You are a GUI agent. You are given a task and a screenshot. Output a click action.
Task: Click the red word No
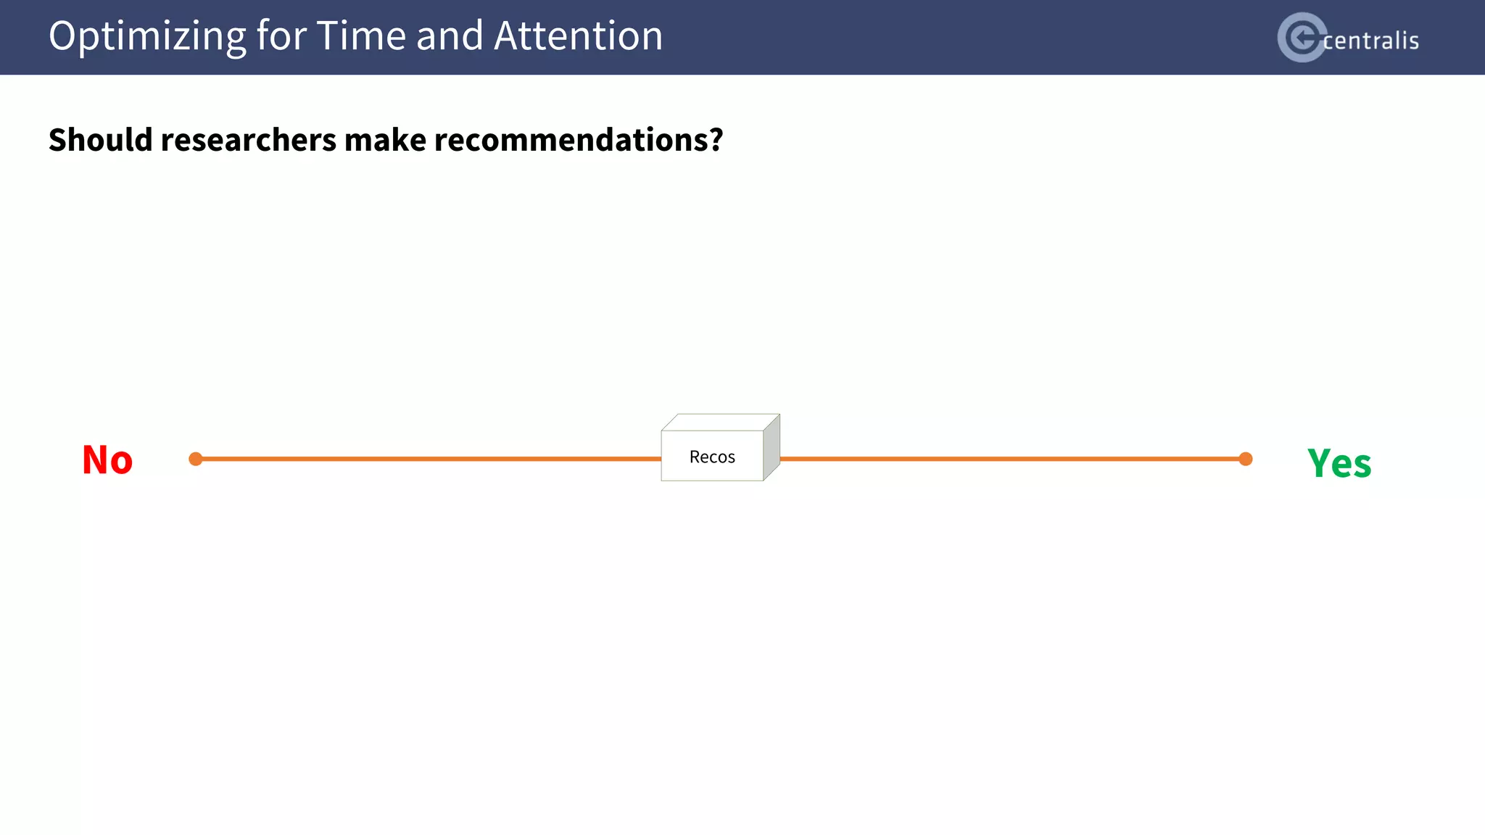(107, 460)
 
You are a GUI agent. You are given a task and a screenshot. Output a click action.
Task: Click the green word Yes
(1339, 463)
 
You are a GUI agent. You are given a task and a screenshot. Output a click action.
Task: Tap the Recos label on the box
(712, 457)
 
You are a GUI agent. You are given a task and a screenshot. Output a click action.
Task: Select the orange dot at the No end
(196, 459)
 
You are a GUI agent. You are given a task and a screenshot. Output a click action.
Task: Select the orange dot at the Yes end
(1245, 459)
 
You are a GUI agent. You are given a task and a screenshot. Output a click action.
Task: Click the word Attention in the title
(578, 36)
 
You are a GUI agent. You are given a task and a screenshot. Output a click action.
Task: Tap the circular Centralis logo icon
(1302, 37)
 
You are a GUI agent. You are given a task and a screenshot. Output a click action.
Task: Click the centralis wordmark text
(1370, 41)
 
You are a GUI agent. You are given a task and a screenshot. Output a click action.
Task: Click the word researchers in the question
(248, 140)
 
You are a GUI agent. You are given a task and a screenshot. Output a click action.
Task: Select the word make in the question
(385, 140)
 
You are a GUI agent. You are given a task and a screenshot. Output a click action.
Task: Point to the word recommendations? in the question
(578, 140)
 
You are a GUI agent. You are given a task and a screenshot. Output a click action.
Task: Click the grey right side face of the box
(772, 447)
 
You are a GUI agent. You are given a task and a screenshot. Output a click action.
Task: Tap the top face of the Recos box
(720, 422)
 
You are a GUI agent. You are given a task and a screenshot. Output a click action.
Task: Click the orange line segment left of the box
(428, 459)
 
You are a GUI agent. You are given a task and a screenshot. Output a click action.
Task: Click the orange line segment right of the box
(1012, 459)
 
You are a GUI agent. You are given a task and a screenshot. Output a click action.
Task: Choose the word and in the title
(450, 36)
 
